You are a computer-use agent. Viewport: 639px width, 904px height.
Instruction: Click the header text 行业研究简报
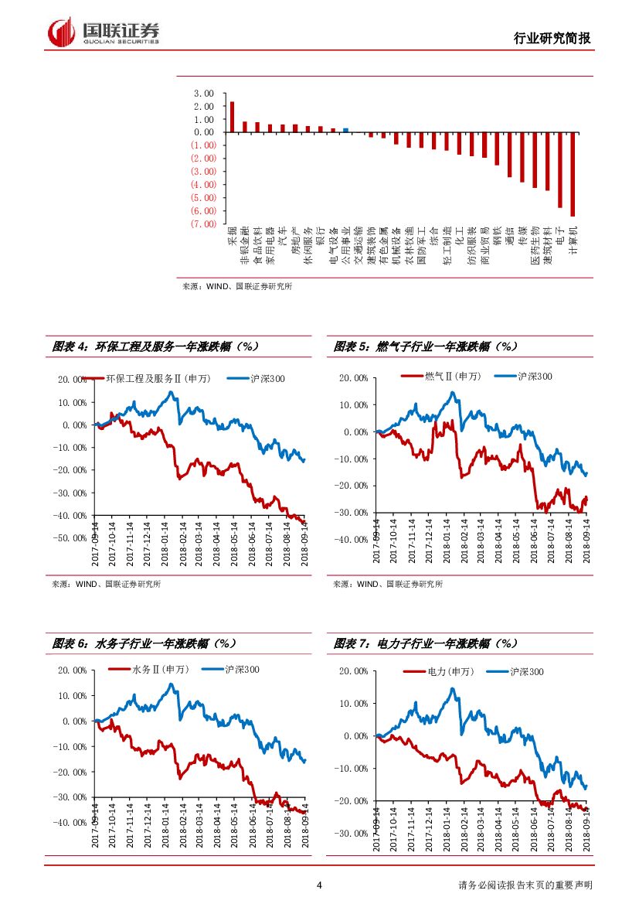point(552,39)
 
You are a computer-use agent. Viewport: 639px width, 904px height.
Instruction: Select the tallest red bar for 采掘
point(232,117)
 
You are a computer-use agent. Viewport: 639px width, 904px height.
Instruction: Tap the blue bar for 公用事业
point(345,130)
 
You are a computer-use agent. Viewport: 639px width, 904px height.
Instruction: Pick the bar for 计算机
point(573,174)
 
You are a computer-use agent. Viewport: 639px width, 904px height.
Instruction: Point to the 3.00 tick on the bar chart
point(205,93)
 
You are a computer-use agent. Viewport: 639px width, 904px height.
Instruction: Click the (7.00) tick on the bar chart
point(203,224)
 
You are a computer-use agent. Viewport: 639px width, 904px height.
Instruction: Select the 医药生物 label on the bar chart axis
point(535,247)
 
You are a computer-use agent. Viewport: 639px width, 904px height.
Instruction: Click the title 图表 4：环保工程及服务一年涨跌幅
point(155,346)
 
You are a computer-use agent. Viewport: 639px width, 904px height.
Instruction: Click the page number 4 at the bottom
point(319,885)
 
